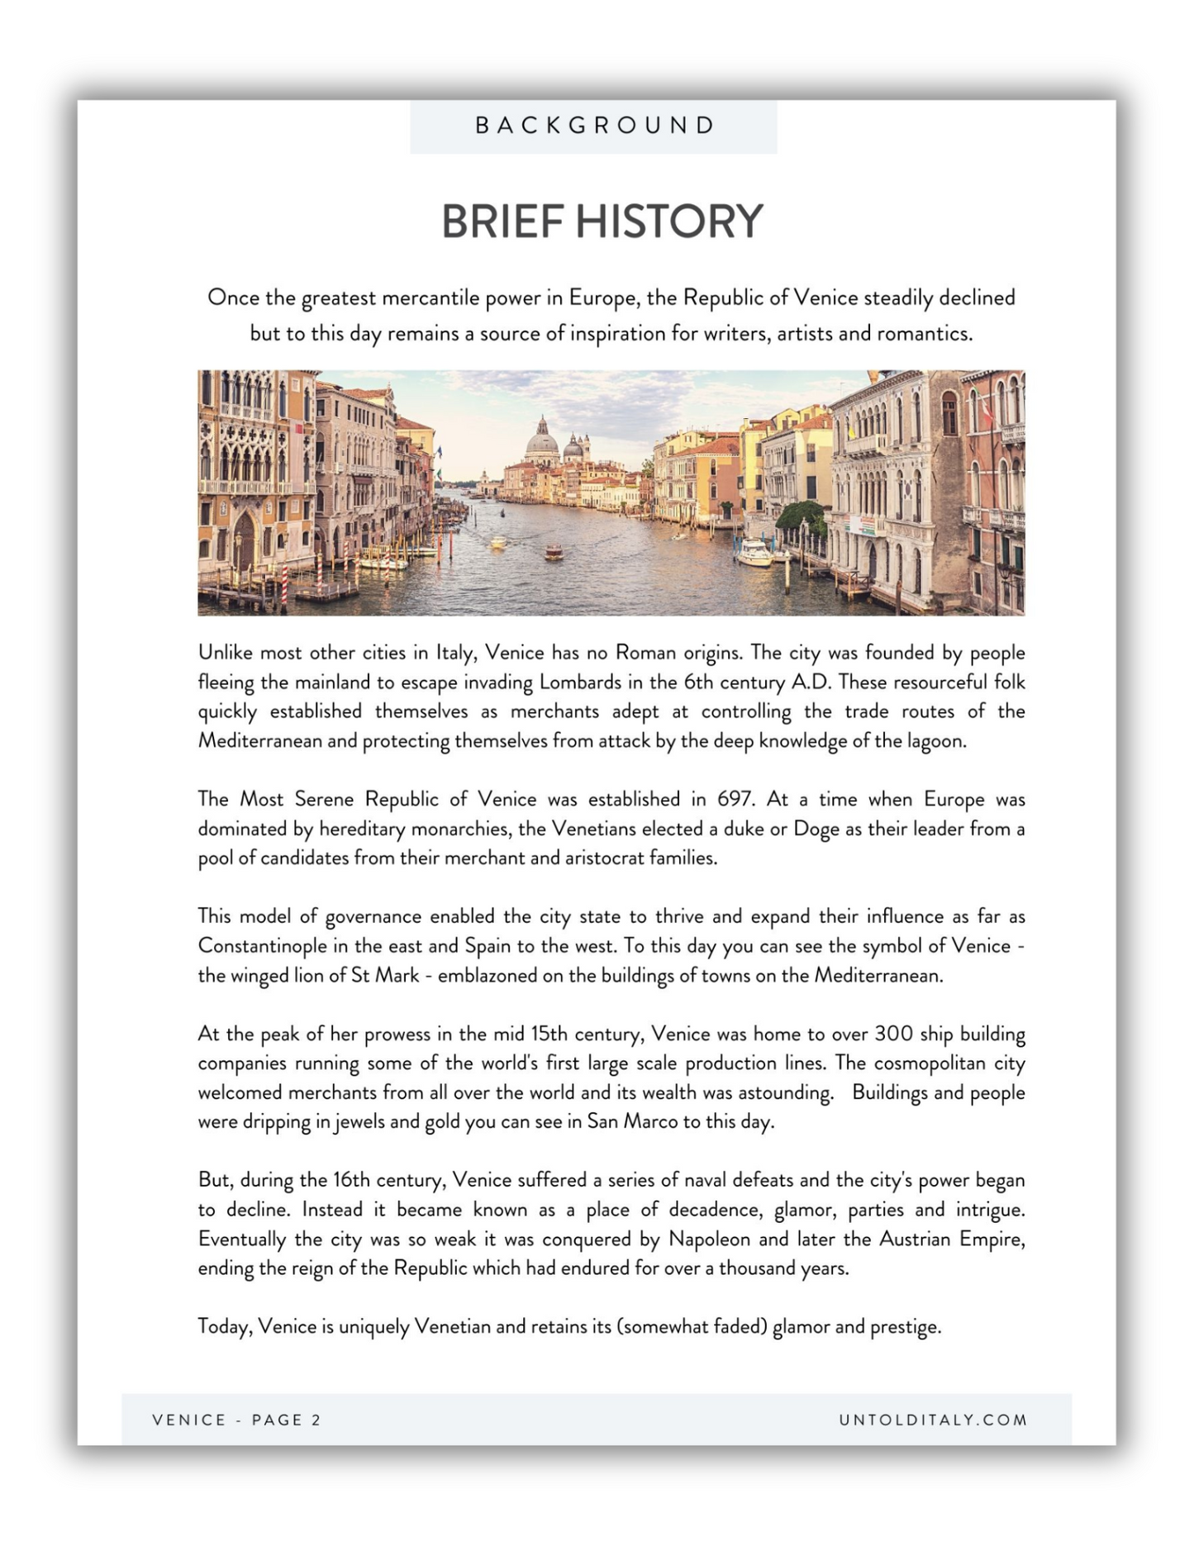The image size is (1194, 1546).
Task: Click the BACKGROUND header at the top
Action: click(594, 126)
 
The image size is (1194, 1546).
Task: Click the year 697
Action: click(735, 799)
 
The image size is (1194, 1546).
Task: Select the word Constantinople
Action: click(264, 946)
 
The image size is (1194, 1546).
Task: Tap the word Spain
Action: click(488, 946)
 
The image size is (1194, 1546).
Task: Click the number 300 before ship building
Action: click(893, 1034)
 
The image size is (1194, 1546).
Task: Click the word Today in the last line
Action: click(224, 1327)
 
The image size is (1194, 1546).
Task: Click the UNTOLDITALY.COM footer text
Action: click(933, 1420)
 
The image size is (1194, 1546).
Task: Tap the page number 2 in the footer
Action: click(316, 1420)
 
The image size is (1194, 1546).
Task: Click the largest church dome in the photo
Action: click(542, 444)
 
